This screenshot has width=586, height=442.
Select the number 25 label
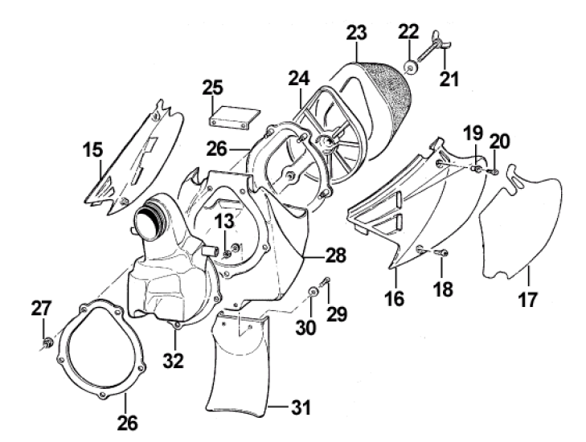pyautogui.click(x=212, y=86)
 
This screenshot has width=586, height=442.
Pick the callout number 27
pyautogui.click(x=41, y=308)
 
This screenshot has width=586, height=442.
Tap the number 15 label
pyautogui.click(x=94, y=149)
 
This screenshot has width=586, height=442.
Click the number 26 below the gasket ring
pyautogui.click(x=128, y=420)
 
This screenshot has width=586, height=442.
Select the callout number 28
pyautogui.click(x=337, y=257)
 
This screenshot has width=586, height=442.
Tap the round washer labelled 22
pyautogui.click(x=410, y=68)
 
